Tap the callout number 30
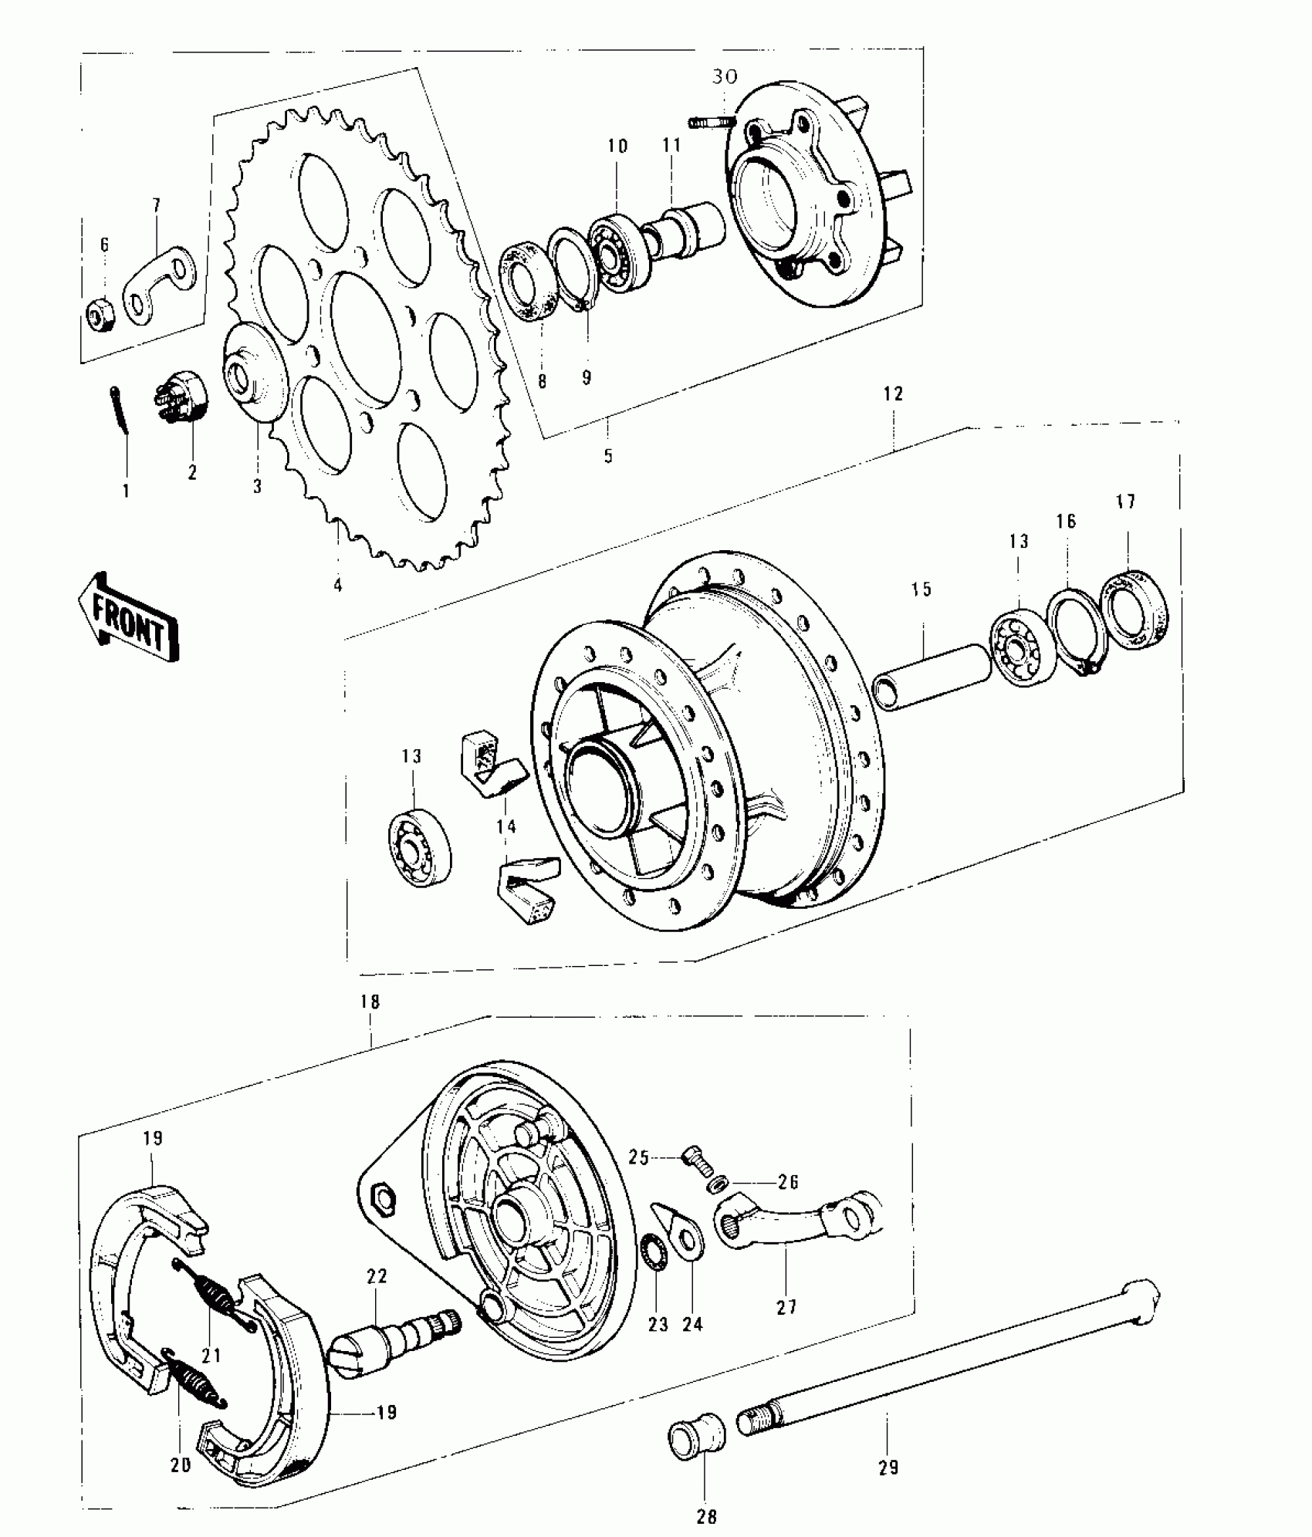725,76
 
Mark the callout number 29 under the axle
888,1468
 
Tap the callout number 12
893,394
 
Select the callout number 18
370,1002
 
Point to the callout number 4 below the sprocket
337,586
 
